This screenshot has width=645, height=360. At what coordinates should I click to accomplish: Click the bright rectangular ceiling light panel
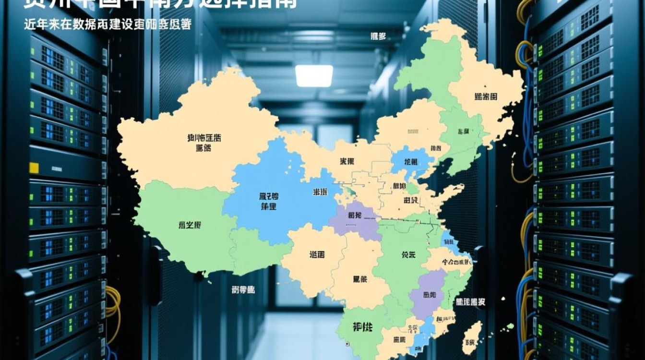coord(314,76)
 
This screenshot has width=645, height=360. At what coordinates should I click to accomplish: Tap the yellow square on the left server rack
coord(34,168)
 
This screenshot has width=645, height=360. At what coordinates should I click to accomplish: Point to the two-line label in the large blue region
coord(268,201)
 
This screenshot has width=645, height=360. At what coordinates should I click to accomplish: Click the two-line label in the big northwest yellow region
coord(204,143)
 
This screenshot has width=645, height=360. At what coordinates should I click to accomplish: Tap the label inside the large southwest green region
coord(190,225)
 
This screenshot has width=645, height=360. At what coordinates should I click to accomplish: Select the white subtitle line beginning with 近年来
coord(107,24)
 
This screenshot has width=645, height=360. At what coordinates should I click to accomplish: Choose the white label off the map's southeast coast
coord(470,302)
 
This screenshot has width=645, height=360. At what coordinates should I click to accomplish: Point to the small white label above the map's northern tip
coord(378,36)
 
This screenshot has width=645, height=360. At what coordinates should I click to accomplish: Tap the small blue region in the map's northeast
coord(411,162)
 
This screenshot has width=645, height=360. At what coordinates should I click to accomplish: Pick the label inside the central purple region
coord(355,215)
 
